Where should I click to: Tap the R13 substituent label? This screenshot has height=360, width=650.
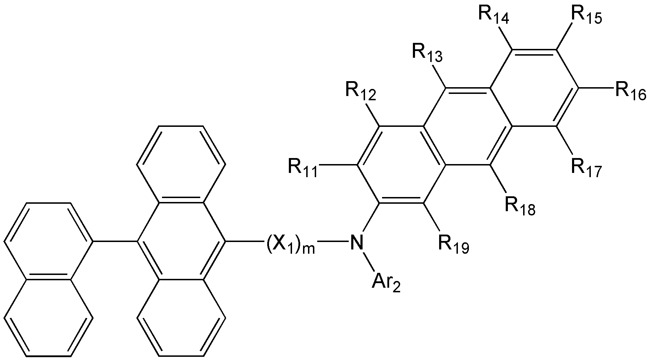coord(427,54)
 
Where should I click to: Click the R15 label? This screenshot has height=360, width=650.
coord(587,15)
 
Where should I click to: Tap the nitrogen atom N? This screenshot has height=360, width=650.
coord(357,242)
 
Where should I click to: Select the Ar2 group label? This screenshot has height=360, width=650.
coord(386,283)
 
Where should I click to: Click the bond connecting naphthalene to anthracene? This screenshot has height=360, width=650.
coord(115,242)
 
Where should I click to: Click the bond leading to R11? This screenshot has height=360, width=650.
coord(337,165)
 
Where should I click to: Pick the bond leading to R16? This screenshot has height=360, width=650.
coord(596,88)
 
